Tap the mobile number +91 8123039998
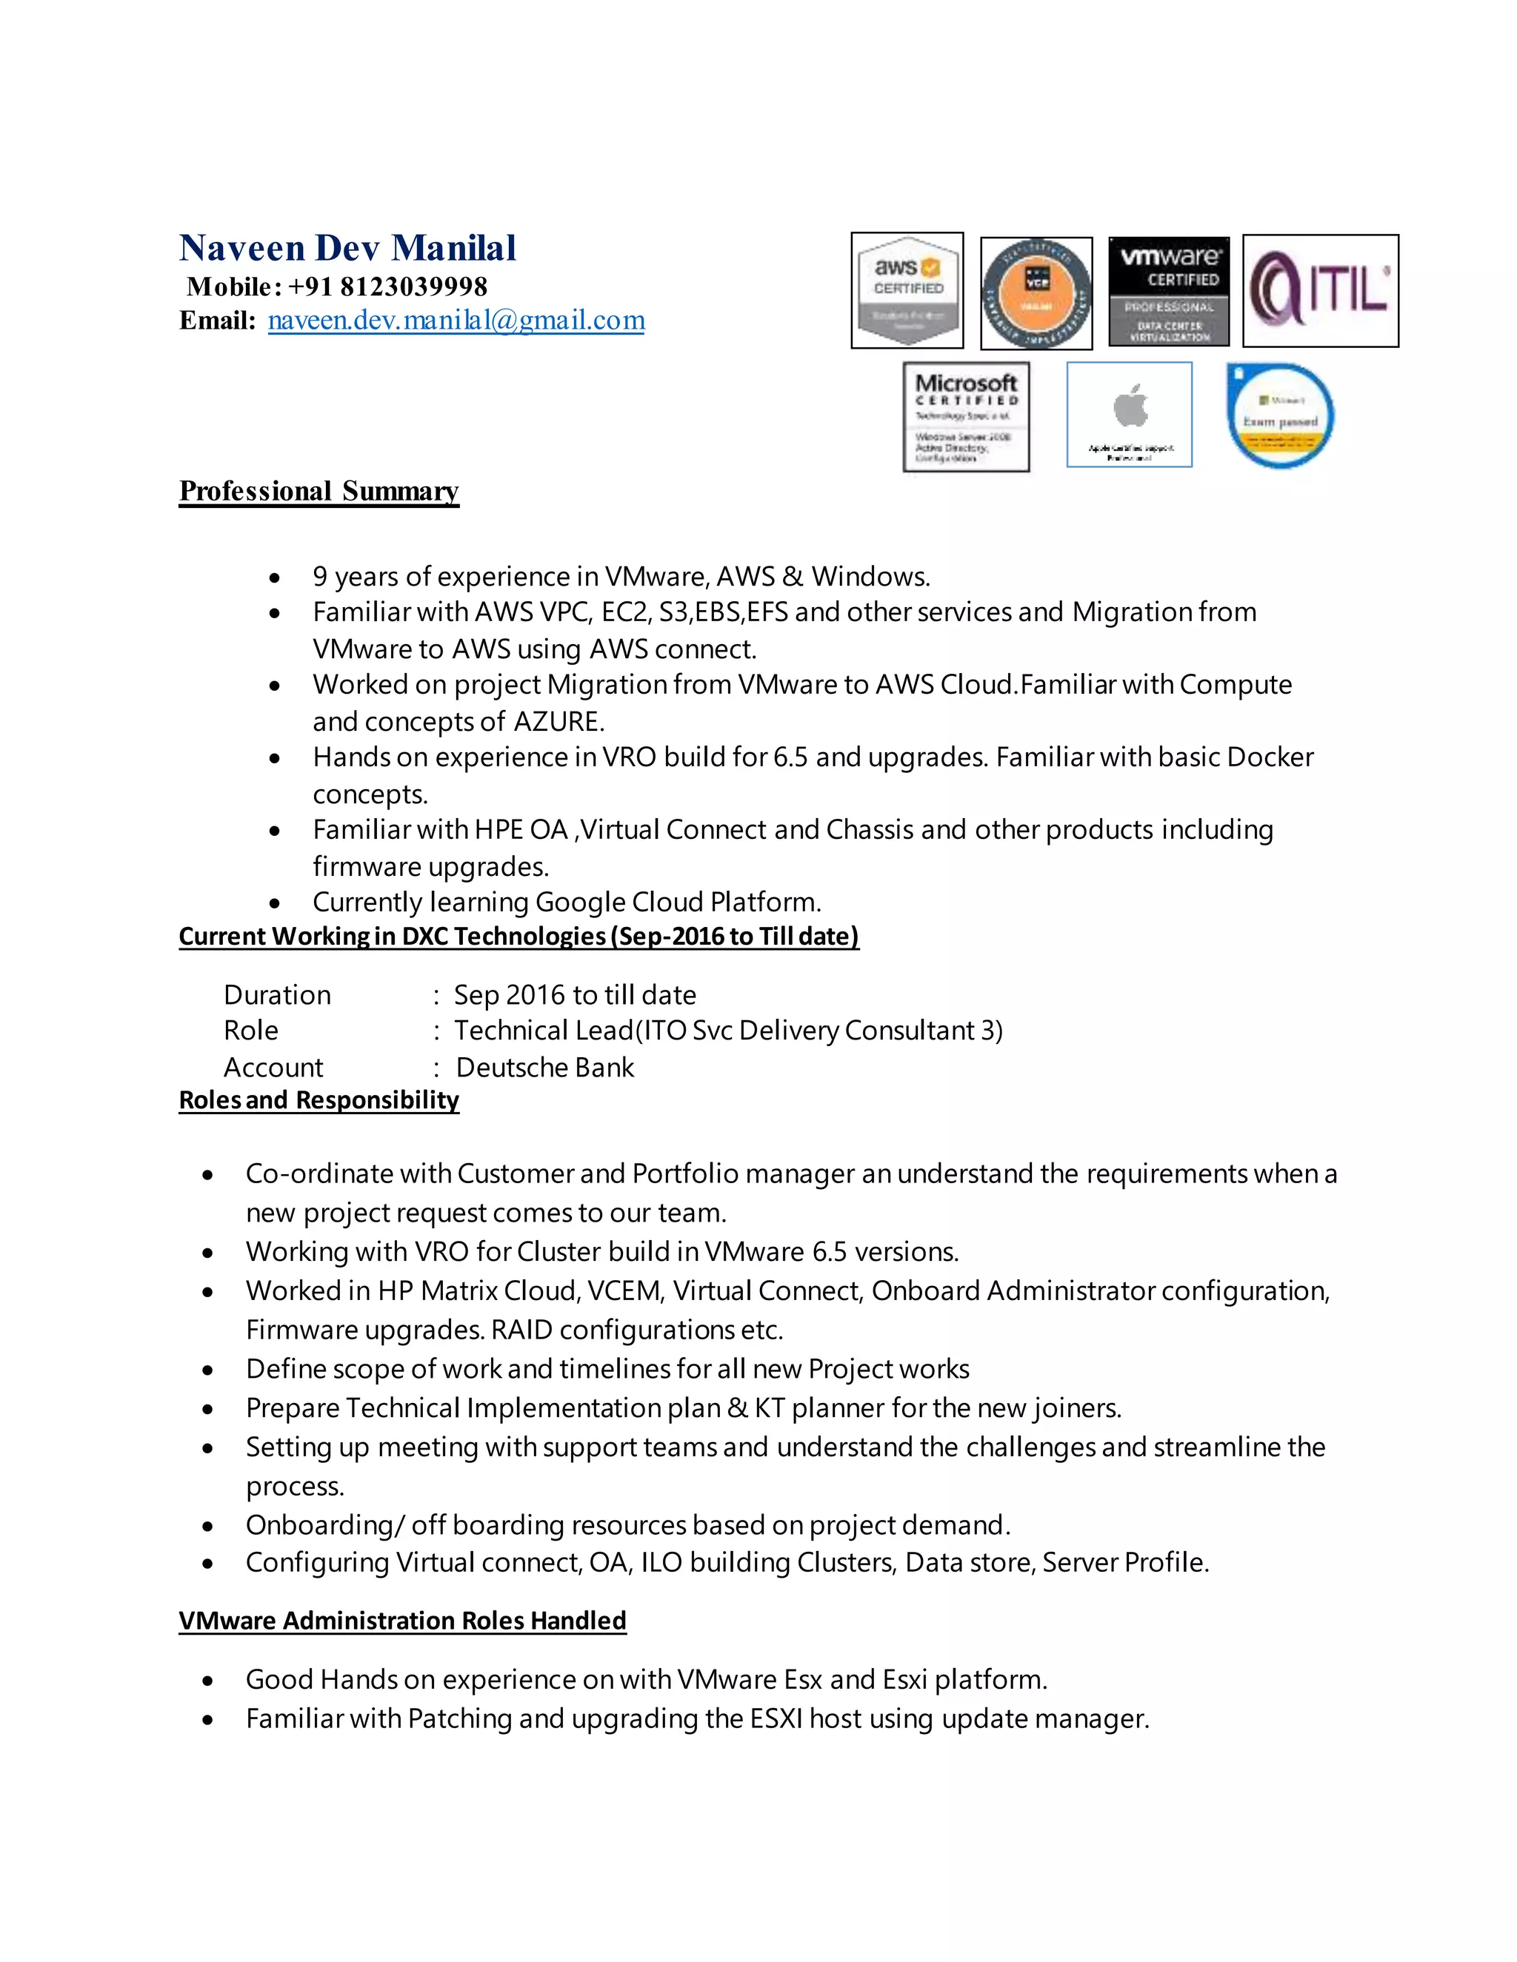(387, 287)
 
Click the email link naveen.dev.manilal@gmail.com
(456, 320)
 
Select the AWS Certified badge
(907, 290)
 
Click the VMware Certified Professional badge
(1168, 291)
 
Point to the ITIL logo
(1319, 291)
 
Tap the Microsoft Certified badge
(965, 417)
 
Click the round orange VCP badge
(1036, 293)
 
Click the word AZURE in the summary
(558, 721)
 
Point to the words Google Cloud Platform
(677, 902)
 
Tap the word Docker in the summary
(1269, 757)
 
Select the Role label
(251, 1031)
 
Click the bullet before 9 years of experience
(275, 577)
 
